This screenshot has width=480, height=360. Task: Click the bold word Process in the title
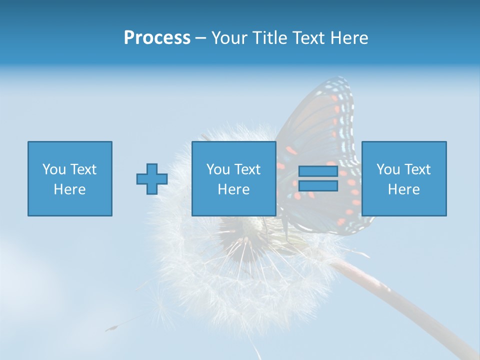(157, 38)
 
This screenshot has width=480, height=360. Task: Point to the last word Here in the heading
(349, 38)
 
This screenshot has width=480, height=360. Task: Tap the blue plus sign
(152, 179)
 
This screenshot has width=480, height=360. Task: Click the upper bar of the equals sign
(318, 171)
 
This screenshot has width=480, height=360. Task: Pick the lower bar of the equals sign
(318, 186)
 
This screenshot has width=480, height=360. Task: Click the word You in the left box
(54, 169)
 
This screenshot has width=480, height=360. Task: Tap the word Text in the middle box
(248, 169)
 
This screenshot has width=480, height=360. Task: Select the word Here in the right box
(404, 189)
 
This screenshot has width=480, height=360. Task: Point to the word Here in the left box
(70, 189)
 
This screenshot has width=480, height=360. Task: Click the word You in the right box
(388, 169)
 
